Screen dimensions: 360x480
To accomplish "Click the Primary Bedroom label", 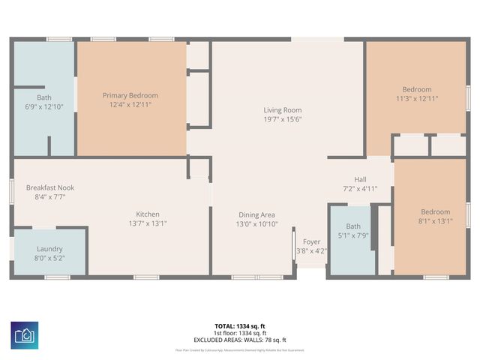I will coord(130,95).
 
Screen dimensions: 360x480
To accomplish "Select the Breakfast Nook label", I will coord(50,187).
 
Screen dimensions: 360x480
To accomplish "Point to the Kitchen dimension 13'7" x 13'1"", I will coord(147,223).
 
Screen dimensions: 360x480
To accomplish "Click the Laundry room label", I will coord(50,249).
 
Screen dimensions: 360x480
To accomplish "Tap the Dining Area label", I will coord(257,214).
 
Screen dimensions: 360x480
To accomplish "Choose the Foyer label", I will coord(311,241).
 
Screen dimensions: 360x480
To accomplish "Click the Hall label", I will coord(360,179).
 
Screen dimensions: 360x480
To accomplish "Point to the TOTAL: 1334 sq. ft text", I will coord(240,326).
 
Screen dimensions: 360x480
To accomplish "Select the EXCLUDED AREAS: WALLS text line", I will coord(240,340).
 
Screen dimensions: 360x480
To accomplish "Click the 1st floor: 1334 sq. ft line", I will coord(240,333).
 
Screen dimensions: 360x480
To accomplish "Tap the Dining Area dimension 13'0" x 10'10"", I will coord(257,223).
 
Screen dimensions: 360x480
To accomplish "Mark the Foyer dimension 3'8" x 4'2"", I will coord(311,250).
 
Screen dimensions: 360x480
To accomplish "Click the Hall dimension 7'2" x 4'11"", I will coord(360,188).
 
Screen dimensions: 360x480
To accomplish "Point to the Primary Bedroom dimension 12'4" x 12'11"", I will coord(130,104).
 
